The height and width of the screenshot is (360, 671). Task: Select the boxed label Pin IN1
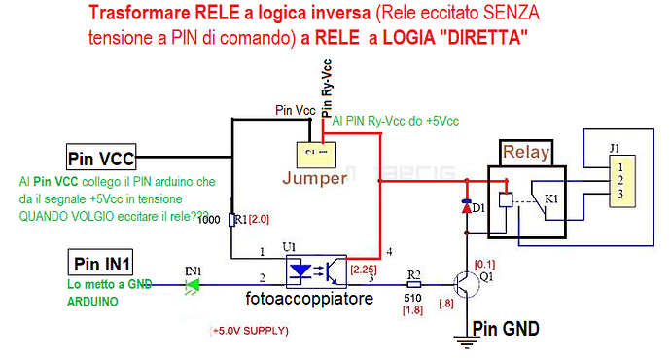click(x=101, y=263)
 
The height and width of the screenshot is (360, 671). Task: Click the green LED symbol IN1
click(x=192, y=285)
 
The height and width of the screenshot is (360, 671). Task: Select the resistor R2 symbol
click(x=414, y=287)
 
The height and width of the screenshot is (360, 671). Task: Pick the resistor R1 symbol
click(x=231, y=220)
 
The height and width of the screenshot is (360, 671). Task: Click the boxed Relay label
click(x=526, y=152)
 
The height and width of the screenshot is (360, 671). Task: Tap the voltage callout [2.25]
click(x=363, y=269)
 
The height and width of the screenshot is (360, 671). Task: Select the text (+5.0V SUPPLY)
click(x=249, y=331)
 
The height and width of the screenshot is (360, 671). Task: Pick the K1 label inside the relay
click(x=551, y=198)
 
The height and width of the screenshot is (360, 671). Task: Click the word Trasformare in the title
click(x=132, y=15)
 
